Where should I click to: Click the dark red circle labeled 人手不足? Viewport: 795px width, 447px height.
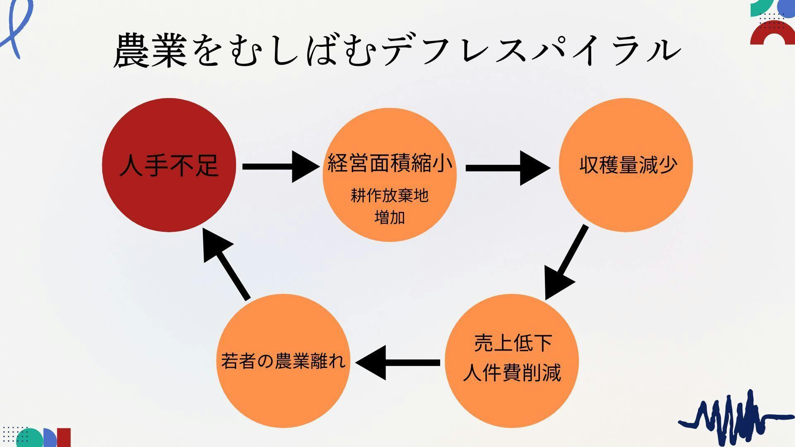[x=169, y=165]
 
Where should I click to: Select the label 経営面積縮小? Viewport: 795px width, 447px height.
[x=390, y=163]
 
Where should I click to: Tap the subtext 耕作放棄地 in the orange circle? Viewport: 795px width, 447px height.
[x=389, y=195]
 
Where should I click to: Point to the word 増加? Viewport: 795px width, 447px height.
[x=389, y=217]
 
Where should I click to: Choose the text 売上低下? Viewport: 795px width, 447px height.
[x=513, y=343]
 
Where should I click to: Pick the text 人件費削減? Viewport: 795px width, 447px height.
[x=512, y=372]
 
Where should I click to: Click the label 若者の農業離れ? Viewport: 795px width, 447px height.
[x=283, y=361]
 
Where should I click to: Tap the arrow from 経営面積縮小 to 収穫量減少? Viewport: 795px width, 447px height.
[x=508, y=168]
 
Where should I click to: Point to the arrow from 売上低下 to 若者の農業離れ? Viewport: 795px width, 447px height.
[x=397, y=363]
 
